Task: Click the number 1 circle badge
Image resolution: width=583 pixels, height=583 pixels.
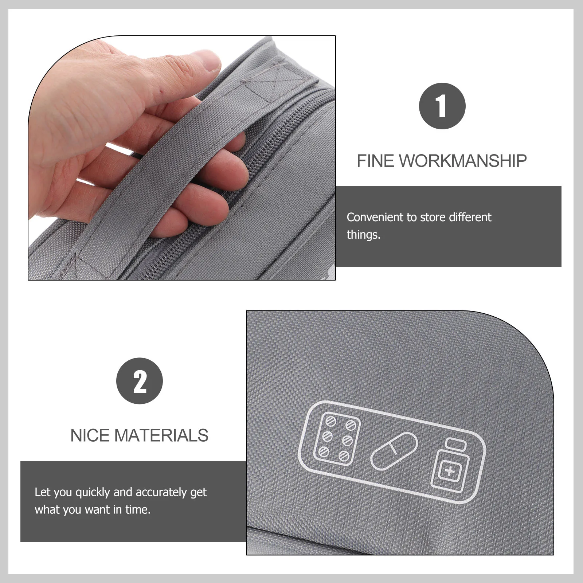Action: [x=442, y=106]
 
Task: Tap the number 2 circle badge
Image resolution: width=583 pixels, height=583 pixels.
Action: [x=140, y=381]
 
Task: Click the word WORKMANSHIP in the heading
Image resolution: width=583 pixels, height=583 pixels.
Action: [x=463, y=161]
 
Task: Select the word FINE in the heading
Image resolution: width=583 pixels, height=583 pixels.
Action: [x=375, y=161]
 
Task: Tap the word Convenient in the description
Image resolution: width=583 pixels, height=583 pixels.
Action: [x=376, y=217]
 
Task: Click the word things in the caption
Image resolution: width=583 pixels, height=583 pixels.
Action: [x=363, y=235]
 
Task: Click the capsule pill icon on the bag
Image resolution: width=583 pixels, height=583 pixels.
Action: [x=394, y=451]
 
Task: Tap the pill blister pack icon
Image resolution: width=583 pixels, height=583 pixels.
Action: [x=337, y=439]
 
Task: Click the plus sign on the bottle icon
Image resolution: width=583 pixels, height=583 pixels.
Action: [x=450, y=471]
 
